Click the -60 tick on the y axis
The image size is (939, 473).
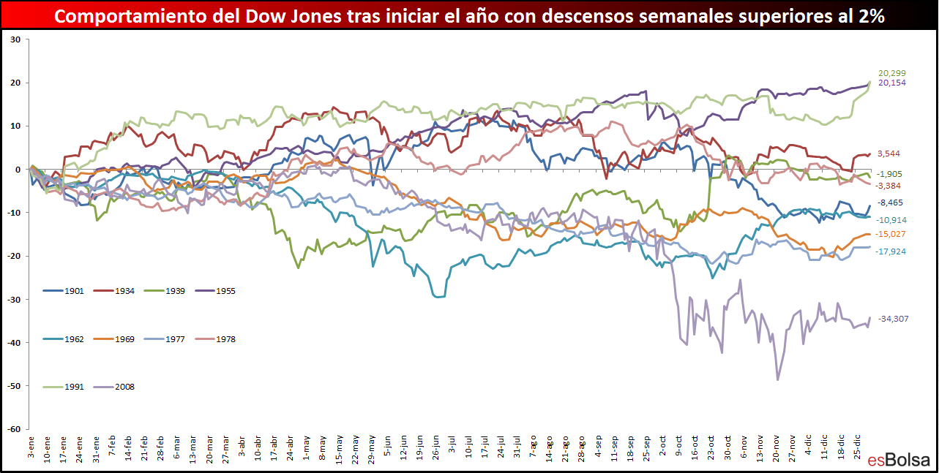[14, 429]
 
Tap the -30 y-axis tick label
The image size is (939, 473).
[14, 299]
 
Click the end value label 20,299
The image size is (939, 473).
[892, 73]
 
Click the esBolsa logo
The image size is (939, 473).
[899, 460]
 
